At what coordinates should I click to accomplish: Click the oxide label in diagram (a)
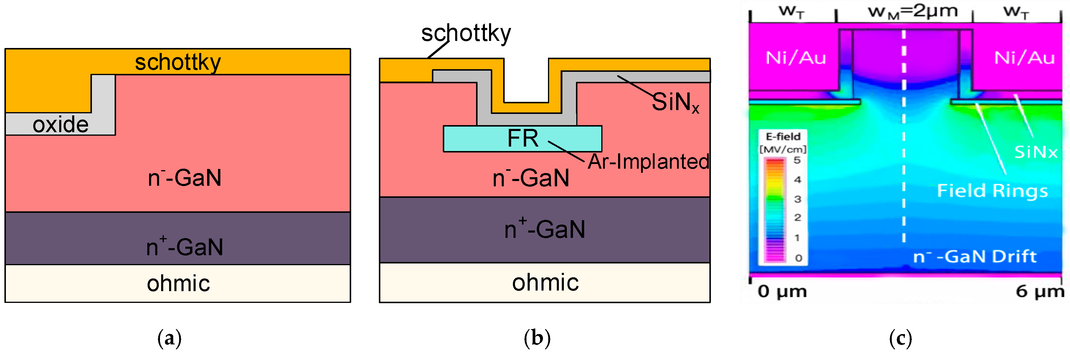(61, 125)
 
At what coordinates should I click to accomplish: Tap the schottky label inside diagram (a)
(178, 62)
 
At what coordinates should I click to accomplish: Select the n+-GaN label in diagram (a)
(184, 247)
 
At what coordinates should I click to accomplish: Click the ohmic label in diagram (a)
(178, 283)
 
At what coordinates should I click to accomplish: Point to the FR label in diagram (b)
(523, 138)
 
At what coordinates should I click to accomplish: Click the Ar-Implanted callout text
(648, 162)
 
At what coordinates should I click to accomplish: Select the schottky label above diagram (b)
(466, 33)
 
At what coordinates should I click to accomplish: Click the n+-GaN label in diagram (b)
(544, 229)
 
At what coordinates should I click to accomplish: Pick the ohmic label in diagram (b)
(545, 283)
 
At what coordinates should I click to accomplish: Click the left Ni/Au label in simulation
(795, 58)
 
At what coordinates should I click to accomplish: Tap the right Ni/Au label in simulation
(1024, 58)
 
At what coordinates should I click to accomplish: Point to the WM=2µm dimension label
(913, 11)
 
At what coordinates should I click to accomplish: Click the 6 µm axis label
(1040, 291)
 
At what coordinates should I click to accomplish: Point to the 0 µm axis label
(782, 291)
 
